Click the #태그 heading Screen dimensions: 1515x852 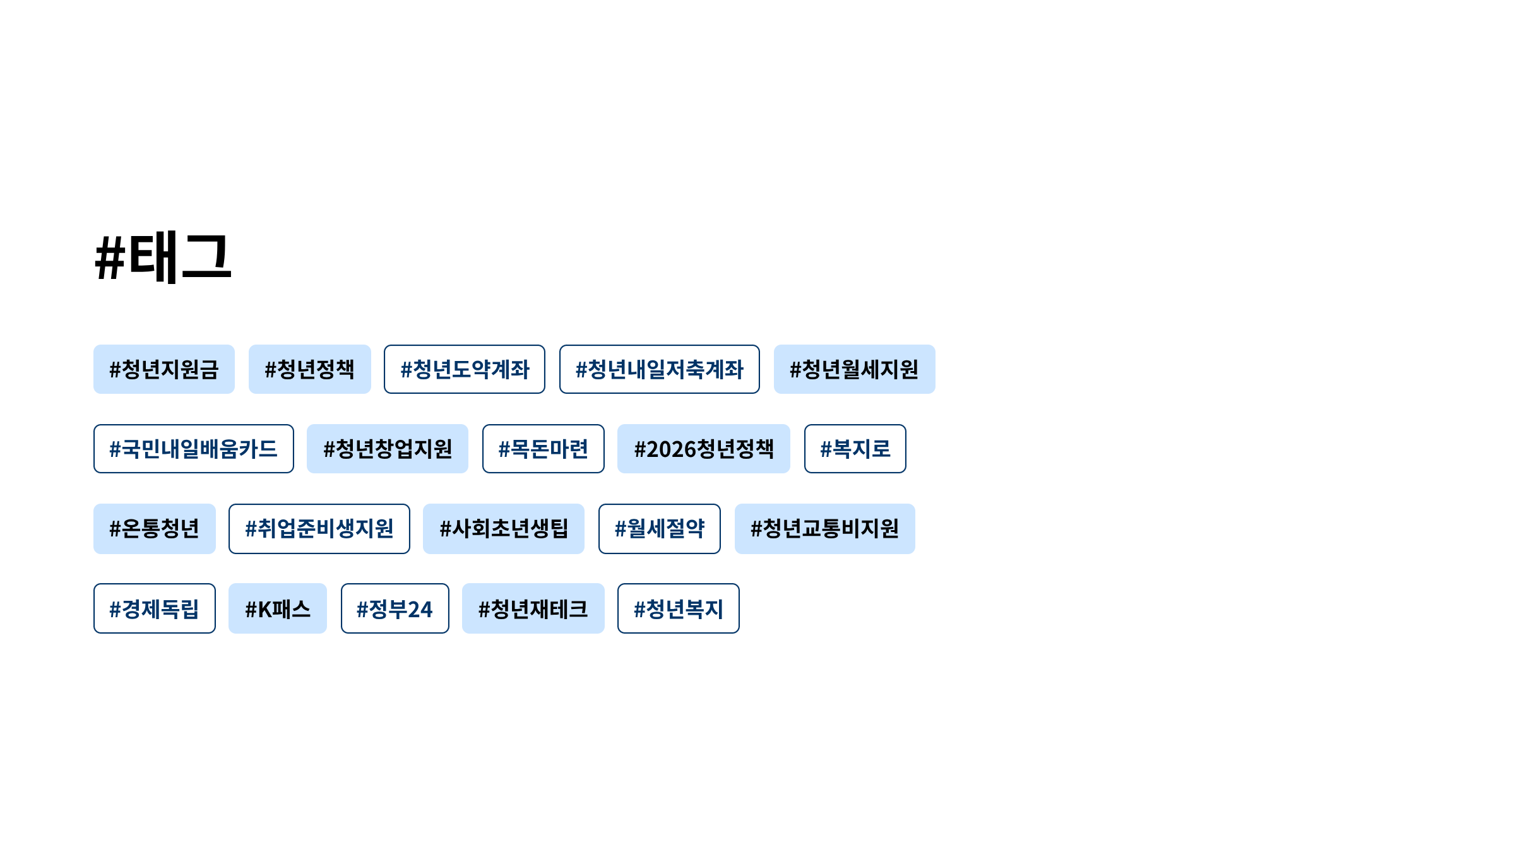[x=163, y=257]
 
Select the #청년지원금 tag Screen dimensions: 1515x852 [x=164, y=369]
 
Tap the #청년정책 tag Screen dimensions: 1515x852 [x=309, y=369]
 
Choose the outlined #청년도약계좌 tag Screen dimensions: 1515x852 [x=465, y=369]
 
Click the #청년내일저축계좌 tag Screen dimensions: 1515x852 [x=659, y=369]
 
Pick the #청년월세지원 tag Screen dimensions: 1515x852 [x=854, y=369]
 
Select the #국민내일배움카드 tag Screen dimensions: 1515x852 [x=193, y=449]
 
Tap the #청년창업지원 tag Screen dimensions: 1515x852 [x=388, y=449]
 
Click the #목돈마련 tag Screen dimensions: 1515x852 [x=543, y=449]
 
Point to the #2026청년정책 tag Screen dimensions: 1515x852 [x=703, y=449]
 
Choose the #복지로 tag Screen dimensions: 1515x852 [x=855, y=449]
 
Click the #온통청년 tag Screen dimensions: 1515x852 [x=154, y=529]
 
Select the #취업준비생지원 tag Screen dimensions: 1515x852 [x=319, y=529]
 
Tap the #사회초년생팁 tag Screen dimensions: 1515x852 [x=503, y=529]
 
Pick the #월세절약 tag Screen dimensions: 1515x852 [x=659, y=529]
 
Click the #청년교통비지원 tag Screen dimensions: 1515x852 [x=824, y=529]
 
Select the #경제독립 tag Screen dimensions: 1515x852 [x=154, y=608]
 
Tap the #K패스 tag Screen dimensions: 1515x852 [x=277, y=608]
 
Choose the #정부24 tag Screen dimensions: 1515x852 [x=395, y=608]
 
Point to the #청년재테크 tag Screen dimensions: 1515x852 [x=533, y=608]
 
